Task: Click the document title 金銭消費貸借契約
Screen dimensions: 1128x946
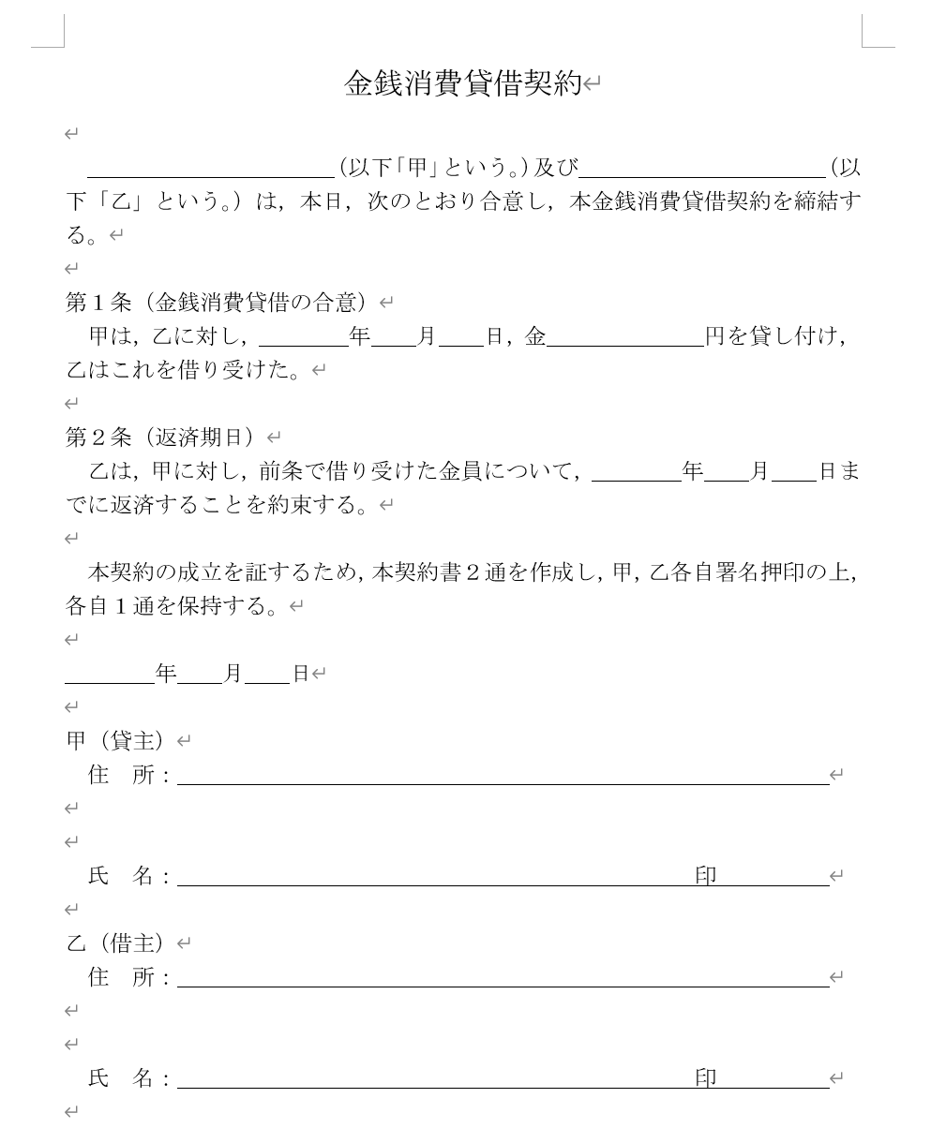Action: point(463,84)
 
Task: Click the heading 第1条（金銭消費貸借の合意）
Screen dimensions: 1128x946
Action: point(218,303)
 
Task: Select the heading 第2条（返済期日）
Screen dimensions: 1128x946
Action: point(160,438)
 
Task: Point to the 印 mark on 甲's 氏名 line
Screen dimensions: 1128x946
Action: point(706,876)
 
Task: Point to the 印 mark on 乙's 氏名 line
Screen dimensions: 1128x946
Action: point(706,1078)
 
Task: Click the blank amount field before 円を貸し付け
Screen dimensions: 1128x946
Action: point(624,337)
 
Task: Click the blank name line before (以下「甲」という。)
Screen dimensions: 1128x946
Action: point(211,169)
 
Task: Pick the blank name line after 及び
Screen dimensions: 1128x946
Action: point(702,169)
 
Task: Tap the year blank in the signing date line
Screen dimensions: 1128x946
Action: point(110,675)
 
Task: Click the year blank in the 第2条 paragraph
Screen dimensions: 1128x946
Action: point(638,472)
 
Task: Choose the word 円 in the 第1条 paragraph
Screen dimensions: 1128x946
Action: point(714,336)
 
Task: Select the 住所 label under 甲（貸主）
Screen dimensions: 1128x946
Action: point(122,775)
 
